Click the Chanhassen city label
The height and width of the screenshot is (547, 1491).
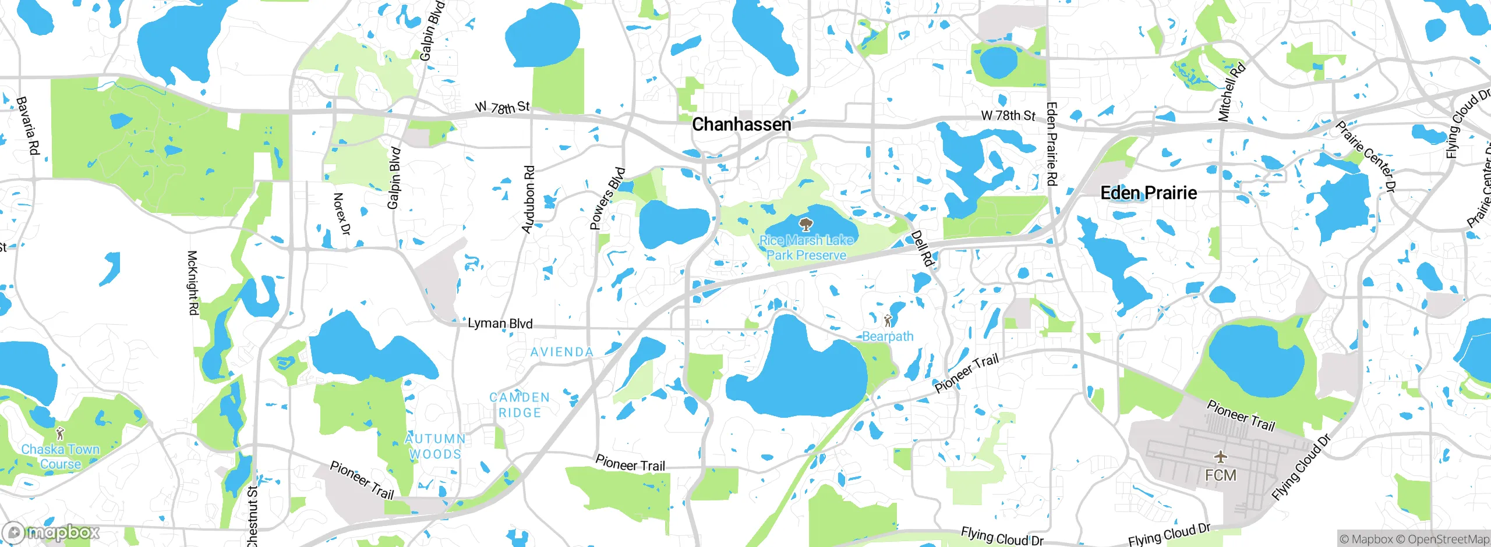(x=741, y=125)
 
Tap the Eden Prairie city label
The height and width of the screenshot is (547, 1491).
(x=1148, y=193)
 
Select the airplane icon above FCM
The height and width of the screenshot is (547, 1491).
(x=1220, y=457)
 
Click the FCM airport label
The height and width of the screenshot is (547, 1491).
(x=1220, y=475)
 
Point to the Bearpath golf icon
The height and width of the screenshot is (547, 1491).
(x=887, y=321)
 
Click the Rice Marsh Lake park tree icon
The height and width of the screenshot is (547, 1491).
(x=806, y=224)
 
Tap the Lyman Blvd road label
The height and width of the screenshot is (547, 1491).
(x=500, y=324)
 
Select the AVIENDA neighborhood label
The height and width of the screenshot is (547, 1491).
(x=561, y=352)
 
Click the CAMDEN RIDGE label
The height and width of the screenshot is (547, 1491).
(x=520, y=405)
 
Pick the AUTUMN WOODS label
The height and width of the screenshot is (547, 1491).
(x=435, y=446)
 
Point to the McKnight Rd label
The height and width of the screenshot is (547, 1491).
(x=193, y=283)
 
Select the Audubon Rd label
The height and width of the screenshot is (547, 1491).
(x=528, y=200)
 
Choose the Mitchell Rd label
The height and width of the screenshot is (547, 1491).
(x=1232, y=92)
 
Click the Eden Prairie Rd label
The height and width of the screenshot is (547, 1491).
(x=1051, y=144)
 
